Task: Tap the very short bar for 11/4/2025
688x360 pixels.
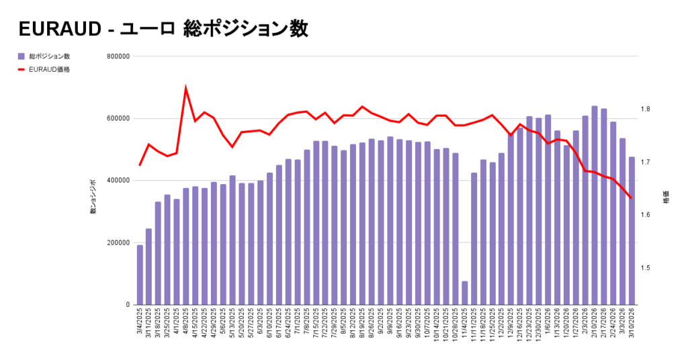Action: (x=464, y=293)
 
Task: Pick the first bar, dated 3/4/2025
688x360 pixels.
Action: (x=140, y=275)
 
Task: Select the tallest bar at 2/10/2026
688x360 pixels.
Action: (x=595, y=206)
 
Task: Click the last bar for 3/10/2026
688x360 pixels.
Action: (x=632, y=231)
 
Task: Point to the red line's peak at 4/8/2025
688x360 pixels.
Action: (x=186, y=89)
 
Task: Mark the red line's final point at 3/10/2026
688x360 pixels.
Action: (x=631, y=197)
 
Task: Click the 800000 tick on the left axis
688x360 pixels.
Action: (x=118, y=56)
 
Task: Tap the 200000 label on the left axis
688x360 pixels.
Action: (x=118, y=242)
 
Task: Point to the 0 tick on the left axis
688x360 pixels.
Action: (x=127, y=305)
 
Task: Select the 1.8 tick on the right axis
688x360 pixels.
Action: (x=646, y=109)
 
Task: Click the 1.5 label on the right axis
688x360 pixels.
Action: (x=646, y=268)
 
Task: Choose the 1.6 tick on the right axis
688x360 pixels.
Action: (x=646, y=215)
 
